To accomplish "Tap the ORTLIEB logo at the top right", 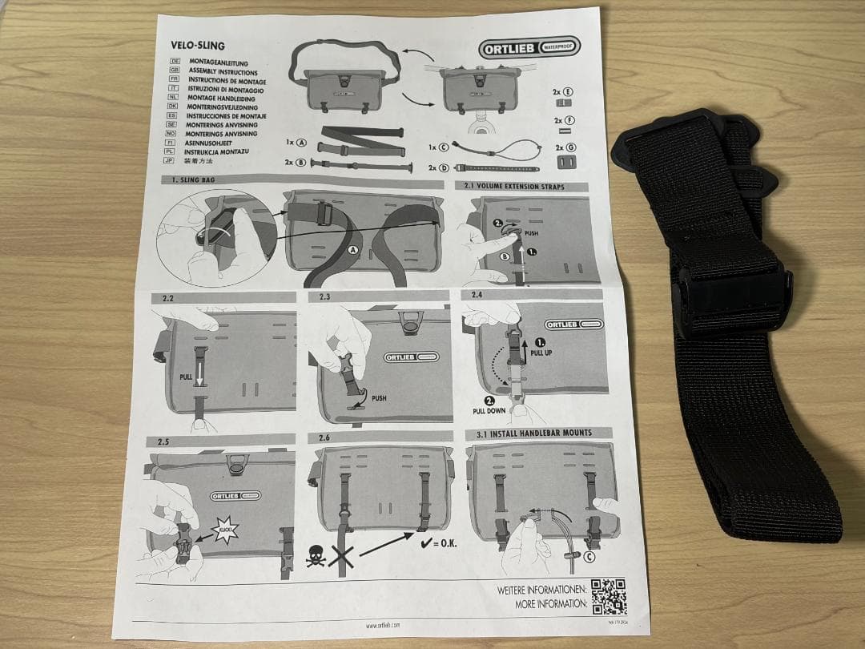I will pos(529,48).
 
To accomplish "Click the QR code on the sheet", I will pos(609,597).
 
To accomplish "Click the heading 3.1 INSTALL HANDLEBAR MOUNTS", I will pos(529,433).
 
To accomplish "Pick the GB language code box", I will pos(174,71).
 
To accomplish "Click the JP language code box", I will pos(172,160).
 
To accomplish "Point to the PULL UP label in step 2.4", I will pos(543,352).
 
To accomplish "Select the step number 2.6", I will pos(324,437).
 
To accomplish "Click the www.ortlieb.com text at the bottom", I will pos(383,624).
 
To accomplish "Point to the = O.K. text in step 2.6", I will pos(448,546).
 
